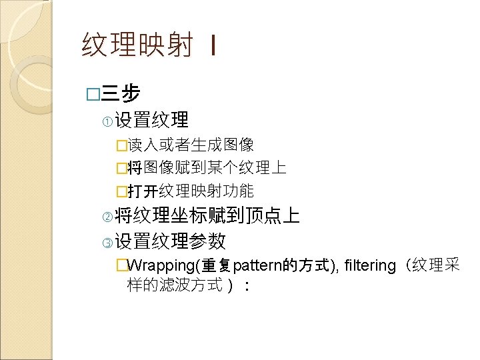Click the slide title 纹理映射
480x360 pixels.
click(x=137, y=46)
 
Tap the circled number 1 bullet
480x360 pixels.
click(x=108, y=121)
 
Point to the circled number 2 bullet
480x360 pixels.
click(x=108, y=216)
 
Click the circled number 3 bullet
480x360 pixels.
click(x=108, y=241)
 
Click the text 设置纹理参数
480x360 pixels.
click(x=170, y=241)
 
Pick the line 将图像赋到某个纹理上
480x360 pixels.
click(x=207, y=167)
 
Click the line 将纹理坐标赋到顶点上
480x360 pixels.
click(x=207, y=216)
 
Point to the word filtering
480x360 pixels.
click(x=370, y=266)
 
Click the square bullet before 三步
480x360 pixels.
click(x=91, y=93)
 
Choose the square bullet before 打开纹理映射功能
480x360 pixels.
click(x=121, y=192)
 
